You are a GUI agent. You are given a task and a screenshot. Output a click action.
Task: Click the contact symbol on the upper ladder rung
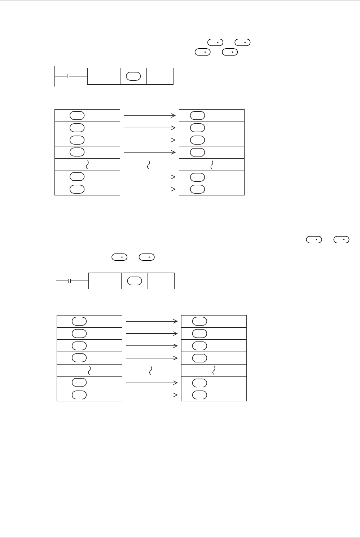pos(69,76)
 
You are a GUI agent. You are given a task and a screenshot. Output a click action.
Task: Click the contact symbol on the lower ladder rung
pos(70,281)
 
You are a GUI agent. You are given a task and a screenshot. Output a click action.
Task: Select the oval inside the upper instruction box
pos(133,76)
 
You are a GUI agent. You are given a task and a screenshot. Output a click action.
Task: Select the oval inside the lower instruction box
pos(135,281)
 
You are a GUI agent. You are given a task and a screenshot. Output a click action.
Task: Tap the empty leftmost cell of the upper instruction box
pos(104,76)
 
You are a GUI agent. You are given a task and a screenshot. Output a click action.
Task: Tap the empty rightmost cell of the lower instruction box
pos(161,281)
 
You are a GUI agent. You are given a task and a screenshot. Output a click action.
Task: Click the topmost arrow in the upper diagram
pos(149,116)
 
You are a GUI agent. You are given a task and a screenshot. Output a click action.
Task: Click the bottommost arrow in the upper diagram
pos(149,189)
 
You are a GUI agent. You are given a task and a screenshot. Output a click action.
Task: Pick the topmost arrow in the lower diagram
pos(152,321)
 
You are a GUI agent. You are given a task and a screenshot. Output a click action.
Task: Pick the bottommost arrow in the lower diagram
pos(152,395)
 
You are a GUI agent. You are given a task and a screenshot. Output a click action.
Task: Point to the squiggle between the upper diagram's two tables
pos(149,165)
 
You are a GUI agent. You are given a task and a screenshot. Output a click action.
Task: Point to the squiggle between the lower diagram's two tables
pos(151,370)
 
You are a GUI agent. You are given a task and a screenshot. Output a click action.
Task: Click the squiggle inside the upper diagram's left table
pos(87,165)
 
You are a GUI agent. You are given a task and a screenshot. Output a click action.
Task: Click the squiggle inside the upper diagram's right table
pos(212,165)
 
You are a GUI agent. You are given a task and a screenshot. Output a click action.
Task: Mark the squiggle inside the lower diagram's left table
pos(89,370)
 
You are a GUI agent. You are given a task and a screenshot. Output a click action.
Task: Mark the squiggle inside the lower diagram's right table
pos(214,370)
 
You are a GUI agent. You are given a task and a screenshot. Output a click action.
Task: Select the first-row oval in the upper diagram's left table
pos(77,115)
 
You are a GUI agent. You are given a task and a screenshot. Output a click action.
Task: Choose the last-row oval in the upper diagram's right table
pos(197,189)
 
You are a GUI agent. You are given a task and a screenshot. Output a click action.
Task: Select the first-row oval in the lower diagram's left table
pos(79,321)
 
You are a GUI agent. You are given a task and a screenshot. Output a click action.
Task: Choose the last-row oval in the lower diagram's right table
pos(199,395)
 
